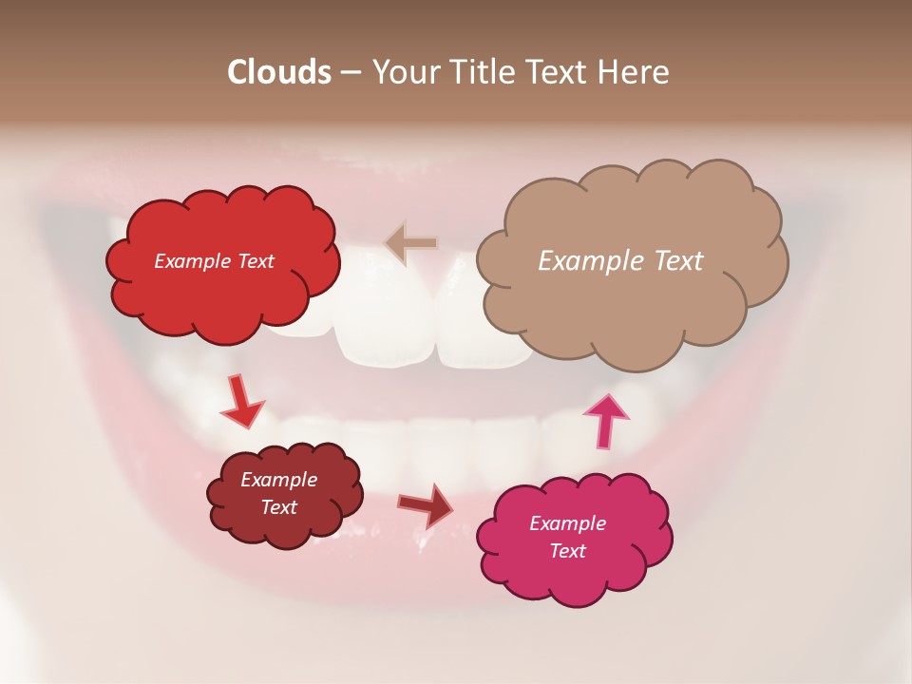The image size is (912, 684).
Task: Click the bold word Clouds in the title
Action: pos(278,72)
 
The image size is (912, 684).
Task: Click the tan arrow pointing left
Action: pos(410,243)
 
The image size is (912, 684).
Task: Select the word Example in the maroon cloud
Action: pos(278,480)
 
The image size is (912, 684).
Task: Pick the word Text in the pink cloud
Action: pos(567,551)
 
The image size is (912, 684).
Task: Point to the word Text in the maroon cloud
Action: pos(278,507)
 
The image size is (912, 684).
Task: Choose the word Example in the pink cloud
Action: pos(567,523)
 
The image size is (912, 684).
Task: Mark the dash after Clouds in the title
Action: pos(350,72)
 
